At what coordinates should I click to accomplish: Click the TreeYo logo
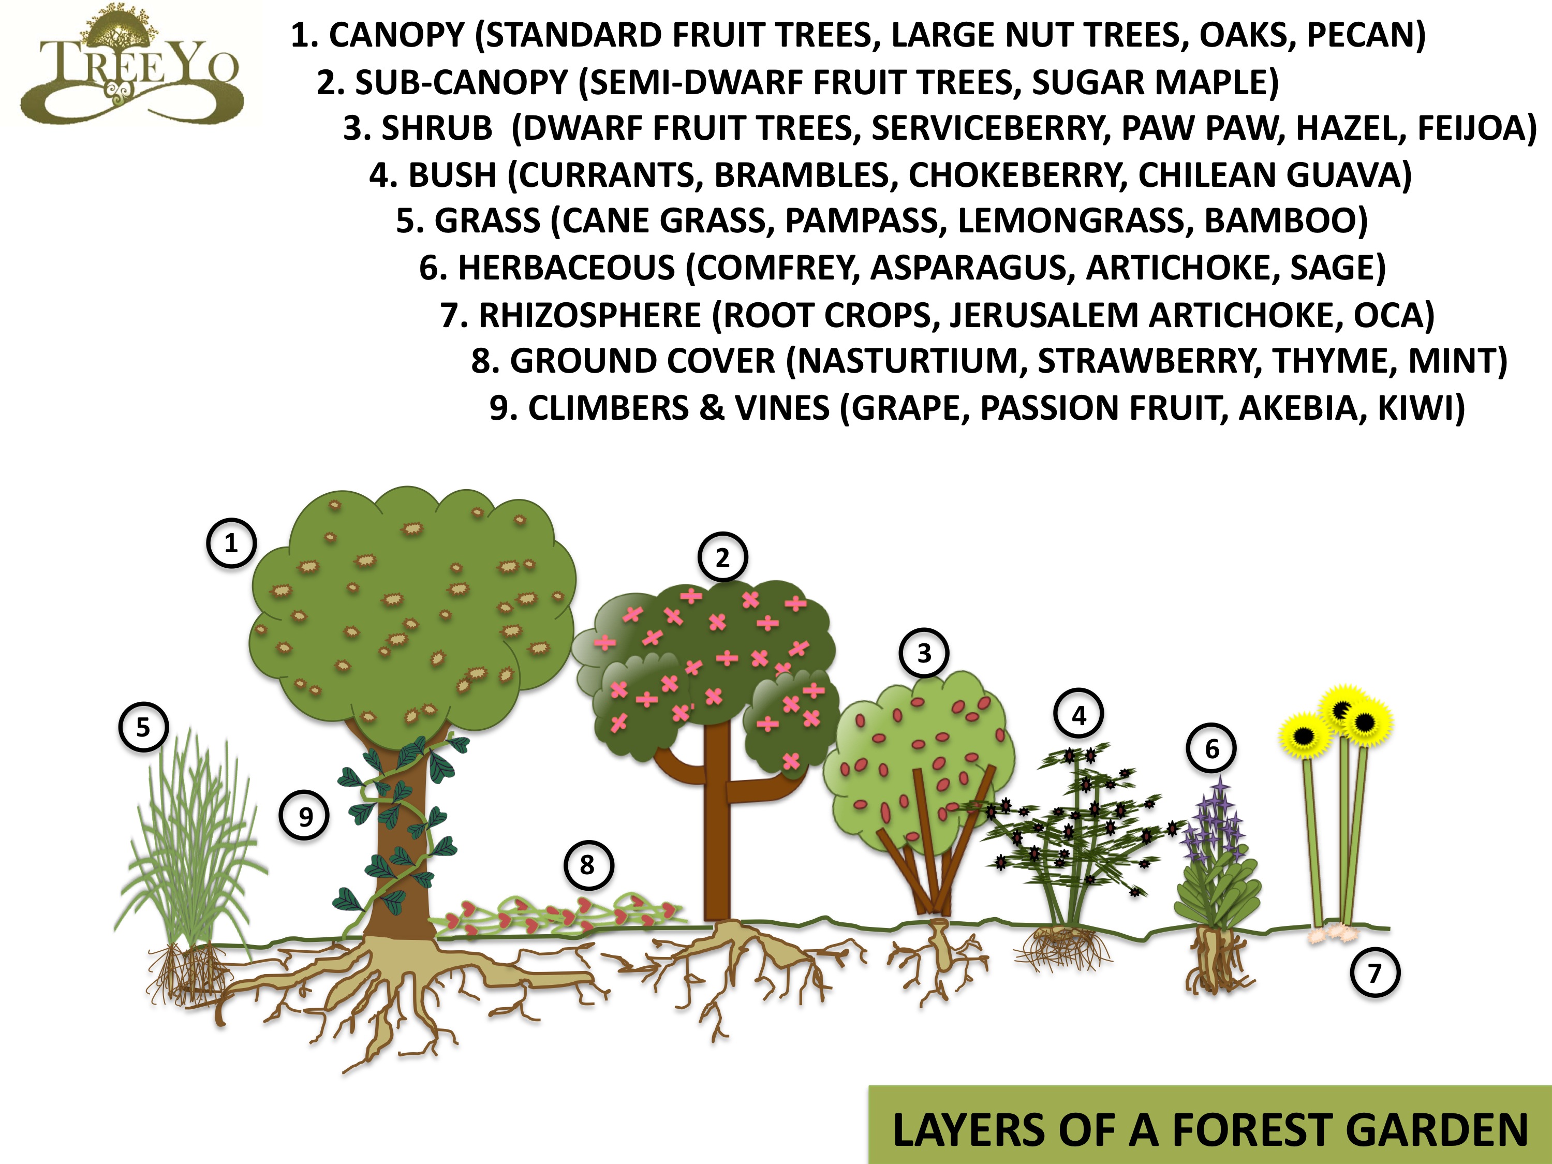point(131,67)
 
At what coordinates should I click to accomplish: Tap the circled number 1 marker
point(231,543)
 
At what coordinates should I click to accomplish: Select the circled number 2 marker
point(722,558)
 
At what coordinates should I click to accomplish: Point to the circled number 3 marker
point(925,653)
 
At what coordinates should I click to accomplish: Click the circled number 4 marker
point(1079,715)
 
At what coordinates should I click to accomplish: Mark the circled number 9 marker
point(305,816)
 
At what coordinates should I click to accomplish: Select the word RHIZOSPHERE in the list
point(590,316)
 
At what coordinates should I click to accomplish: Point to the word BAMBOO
point(1280,221)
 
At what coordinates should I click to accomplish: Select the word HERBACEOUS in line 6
point(567,268)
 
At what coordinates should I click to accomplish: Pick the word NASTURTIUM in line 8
point(909,361)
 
